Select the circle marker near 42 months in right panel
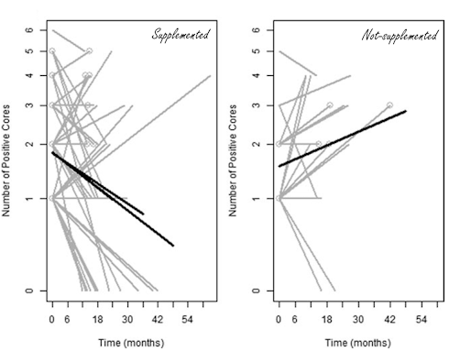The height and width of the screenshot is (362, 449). [389, 105]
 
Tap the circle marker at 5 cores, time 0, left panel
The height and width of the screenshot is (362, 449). [52, 50]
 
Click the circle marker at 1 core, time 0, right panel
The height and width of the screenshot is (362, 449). [279, 198]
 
